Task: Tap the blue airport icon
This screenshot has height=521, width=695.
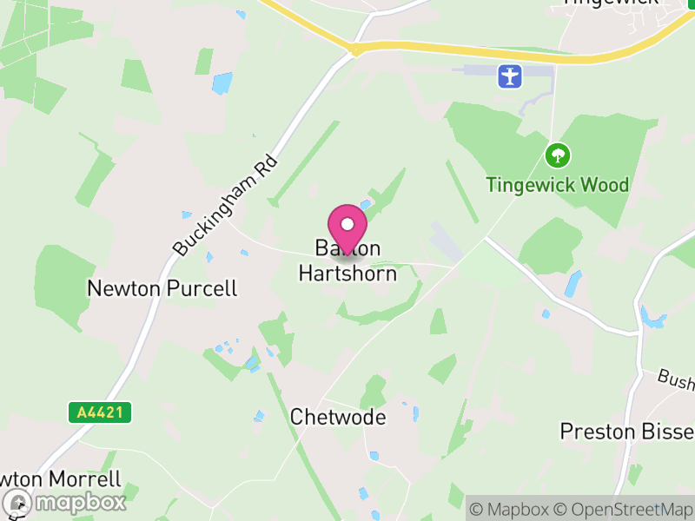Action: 510,76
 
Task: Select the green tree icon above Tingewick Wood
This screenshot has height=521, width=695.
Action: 557,156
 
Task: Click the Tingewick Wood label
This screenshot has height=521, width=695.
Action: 557,185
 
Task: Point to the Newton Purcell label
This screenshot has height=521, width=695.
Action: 162,288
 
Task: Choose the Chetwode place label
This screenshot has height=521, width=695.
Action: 338,417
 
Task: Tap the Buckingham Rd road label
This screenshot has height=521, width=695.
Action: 225,206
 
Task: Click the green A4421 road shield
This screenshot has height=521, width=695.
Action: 99,412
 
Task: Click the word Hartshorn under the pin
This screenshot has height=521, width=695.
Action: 347,274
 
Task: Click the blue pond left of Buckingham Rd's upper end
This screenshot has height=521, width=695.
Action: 222,82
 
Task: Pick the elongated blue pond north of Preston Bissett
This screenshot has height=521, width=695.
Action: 573,284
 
